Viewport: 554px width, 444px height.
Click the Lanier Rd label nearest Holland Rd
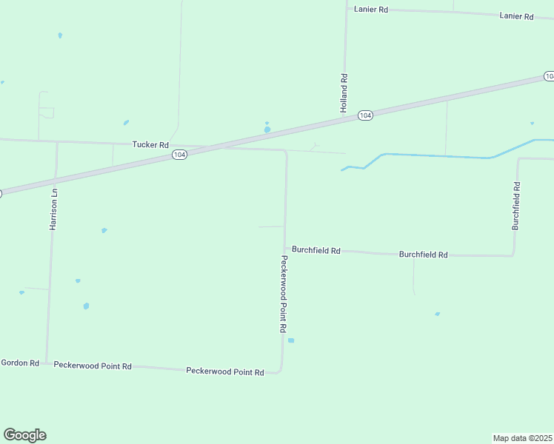click(371, 10)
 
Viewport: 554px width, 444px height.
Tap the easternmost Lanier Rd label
click(516, 16)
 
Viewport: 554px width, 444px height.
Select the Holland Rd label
click(344, 92)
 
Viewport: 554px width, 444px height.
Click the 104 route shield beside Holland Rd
click(365, 115)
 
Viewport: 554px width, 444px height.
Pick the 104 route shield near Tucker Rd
click(179, 155)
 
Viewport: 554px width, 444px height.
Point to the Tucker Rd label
click(150, 144)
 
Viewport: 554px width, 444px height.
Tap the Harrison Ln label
click(53, 208)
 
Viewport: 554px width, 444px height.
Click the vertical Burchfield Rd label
click(515, 206)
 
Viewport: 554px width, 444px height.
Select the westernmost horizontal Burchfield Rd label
click(316, 250)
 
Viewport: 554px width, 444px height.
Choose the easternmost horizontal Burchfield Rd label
click(423, 255)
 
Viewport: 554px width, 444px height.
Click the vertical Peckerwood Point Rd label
click(283, 294)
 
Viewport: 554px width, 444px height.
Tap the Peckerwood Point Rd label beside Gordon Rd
click(93, 366)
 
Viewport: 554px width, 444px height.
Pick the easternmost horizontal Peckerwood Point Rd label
click(225, 371)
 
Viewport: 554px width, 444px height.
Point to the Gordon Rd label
click(20, 363)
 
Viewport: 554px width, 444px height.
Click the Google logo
click(24, 435)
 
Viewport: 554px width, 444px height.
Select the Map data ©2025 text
click(522, 438)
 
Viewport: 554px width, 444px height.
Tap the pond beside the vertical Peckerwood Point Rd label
click(291, 340)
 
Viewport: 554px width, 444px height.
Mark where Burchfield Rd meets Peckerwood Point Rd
click(285, 249)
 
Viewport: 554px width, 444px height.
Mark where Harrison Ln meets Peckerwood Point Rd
click(47, 363)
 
